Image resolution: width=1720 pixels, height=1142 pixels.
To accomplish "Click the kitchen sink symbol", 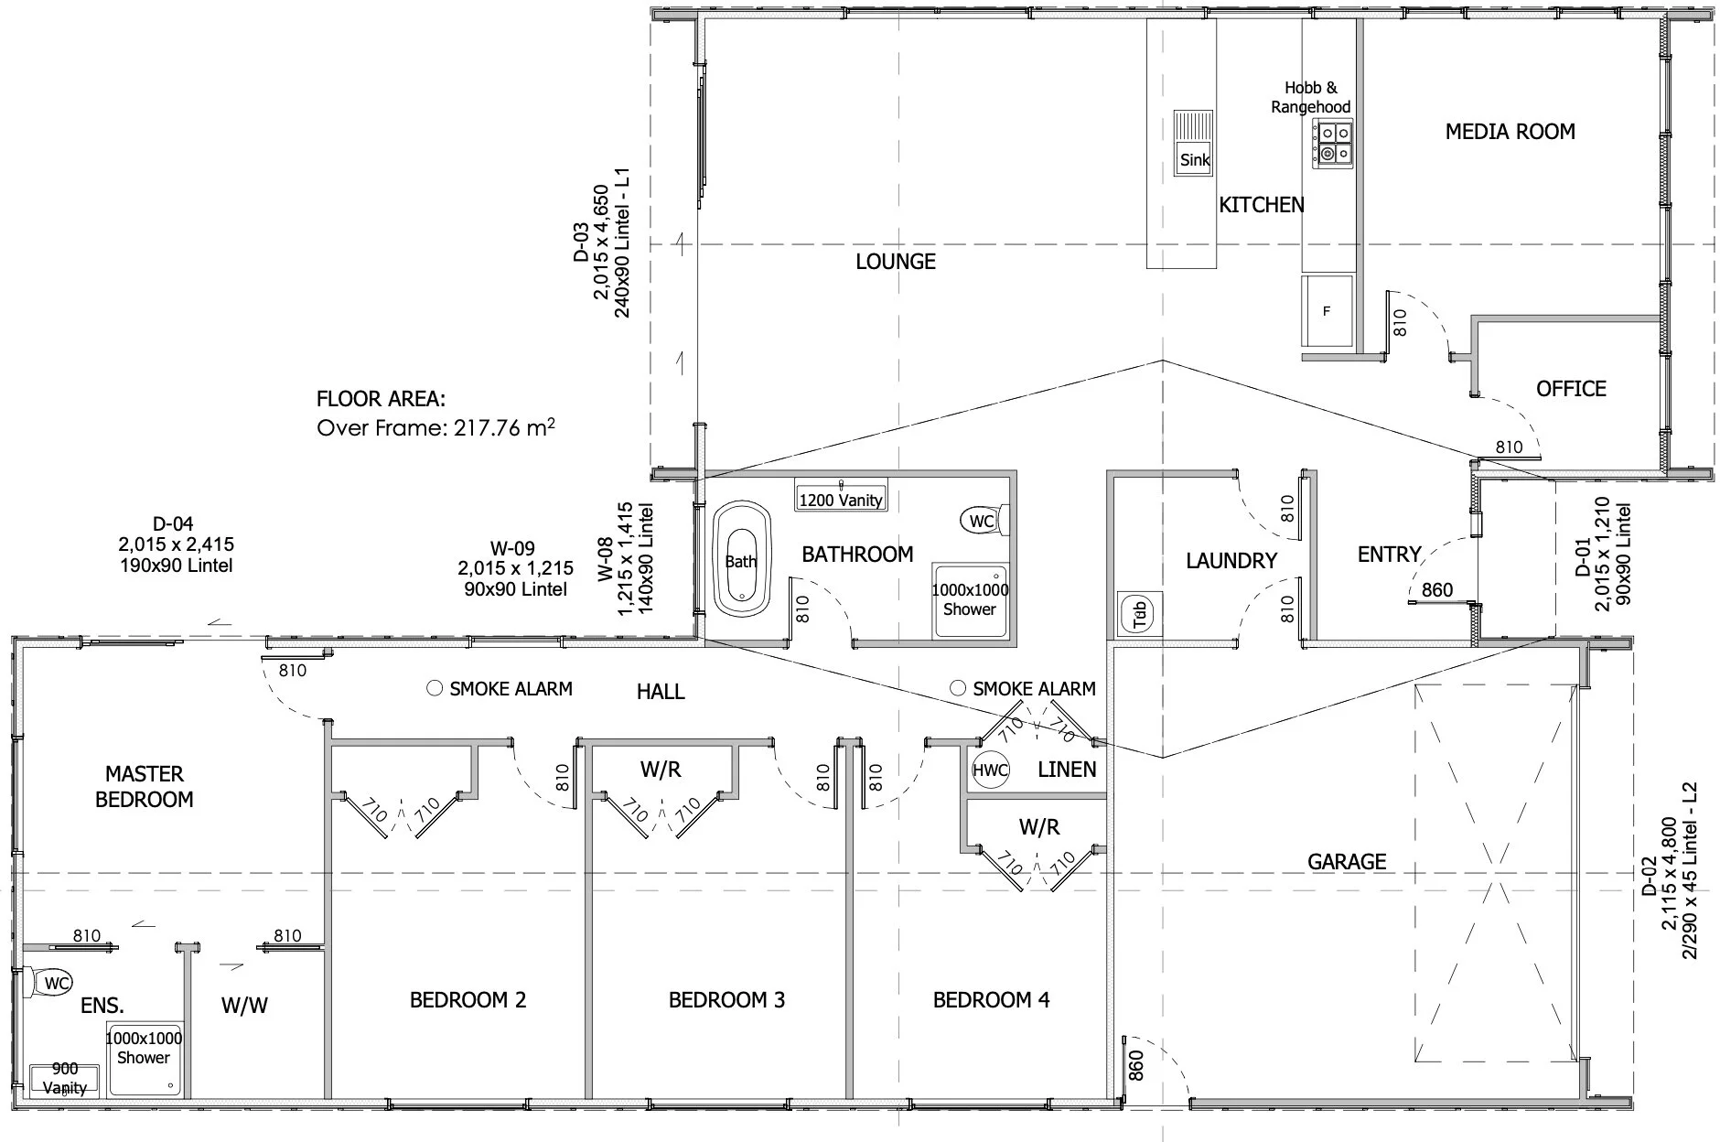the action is [1194, 144].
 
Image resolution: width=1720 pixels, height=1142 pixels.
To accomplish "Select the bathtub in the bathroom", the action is [742, 559].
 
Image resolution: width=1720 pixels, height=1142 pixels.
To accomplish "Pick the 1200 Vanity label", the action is [841, 500].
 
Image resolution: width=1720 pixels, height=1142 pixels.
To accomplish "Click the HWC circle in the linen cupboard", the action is [990, 770].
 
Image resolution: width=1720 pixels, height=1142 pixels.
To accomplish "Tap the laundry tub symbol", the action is [1139, 614].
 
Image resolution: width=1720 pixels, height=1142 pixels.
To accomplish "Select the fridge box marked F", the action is [1327, 311].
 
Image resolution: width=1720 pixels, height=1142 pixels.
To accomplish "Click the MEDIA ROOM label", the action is [1510, 132].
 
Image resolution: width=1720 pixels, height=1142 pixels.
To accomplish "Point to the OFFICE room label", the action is [1571, 389].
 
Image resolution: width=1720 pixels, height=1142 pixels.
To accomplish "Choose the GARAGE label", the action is [1347, 861].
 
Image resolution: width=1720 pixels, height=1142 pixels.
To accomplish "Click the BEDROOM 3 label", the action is [726, 1000].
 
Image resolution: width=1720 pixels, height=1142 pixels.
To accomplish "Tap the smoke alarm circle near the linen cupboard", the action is [958, 687].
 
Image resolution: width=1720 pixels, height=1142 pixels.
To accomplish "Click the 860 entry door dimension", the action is [1437, 590].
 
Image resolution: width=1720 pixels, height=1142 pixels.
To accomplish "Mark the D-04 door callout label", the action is [173, 524].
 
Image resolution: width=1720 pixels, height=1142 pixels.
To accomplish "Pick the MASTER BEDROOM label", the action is [145, 787].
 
